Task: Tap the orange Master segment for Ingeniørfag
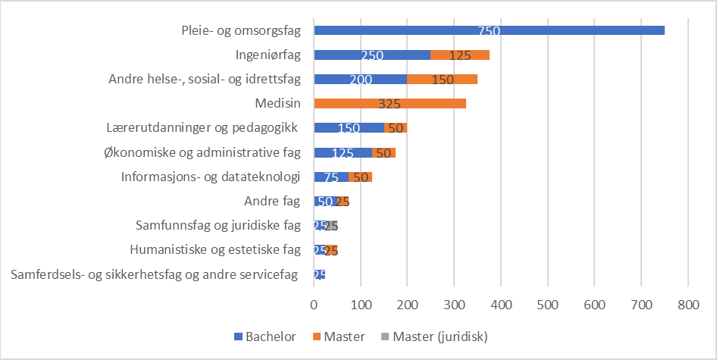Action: click(x=460, y=55)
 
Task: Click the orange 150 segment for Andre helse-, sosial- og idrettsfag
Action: click(x=443, y=80)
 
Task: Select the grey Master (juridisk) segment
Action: click(x=332, y=226)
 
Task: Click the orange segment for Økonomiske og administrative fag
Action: click(x=384, y=153)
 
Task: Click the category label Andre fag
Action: click(x=272, y=202)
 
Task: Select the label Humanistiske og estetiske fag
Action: click(x=215, y=250)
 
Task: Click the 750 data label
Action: click(x=489, y=30)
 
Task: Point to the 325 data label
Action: click(x=390, y=104)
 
